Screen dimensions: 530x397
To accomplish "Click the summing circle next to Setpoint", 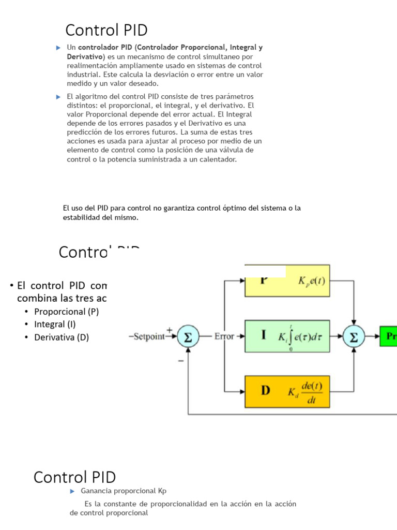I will coord(189,336).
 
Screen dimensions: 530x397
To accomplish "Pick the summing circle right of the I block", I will coord(354,336).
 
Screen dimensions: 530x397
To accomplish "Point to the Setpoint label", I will coord(148,336).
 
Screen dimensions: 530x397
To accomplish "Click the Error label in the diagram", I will coord(224,336).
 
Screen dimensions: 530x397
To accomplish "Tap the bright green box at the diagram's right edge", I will coord(389,336).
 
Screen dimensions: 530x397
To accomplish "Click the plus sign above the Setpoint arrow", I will coord(169,329).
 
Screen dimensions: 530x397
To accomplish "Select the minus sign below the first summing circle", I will coord(181,361).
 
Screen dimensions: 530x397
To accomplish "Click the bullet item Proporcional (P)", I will coord(66,312).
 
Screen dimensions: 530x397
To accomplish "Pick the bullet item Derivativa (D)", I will coord(62,337).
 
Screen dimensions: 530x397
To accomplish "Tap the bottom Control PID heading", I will coord(74,477).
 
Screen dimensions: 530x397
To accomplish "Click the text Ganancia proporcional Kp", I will coord(124,491).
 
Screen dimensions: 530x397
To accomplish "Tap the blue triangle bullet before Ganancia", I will coord(73,491).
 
